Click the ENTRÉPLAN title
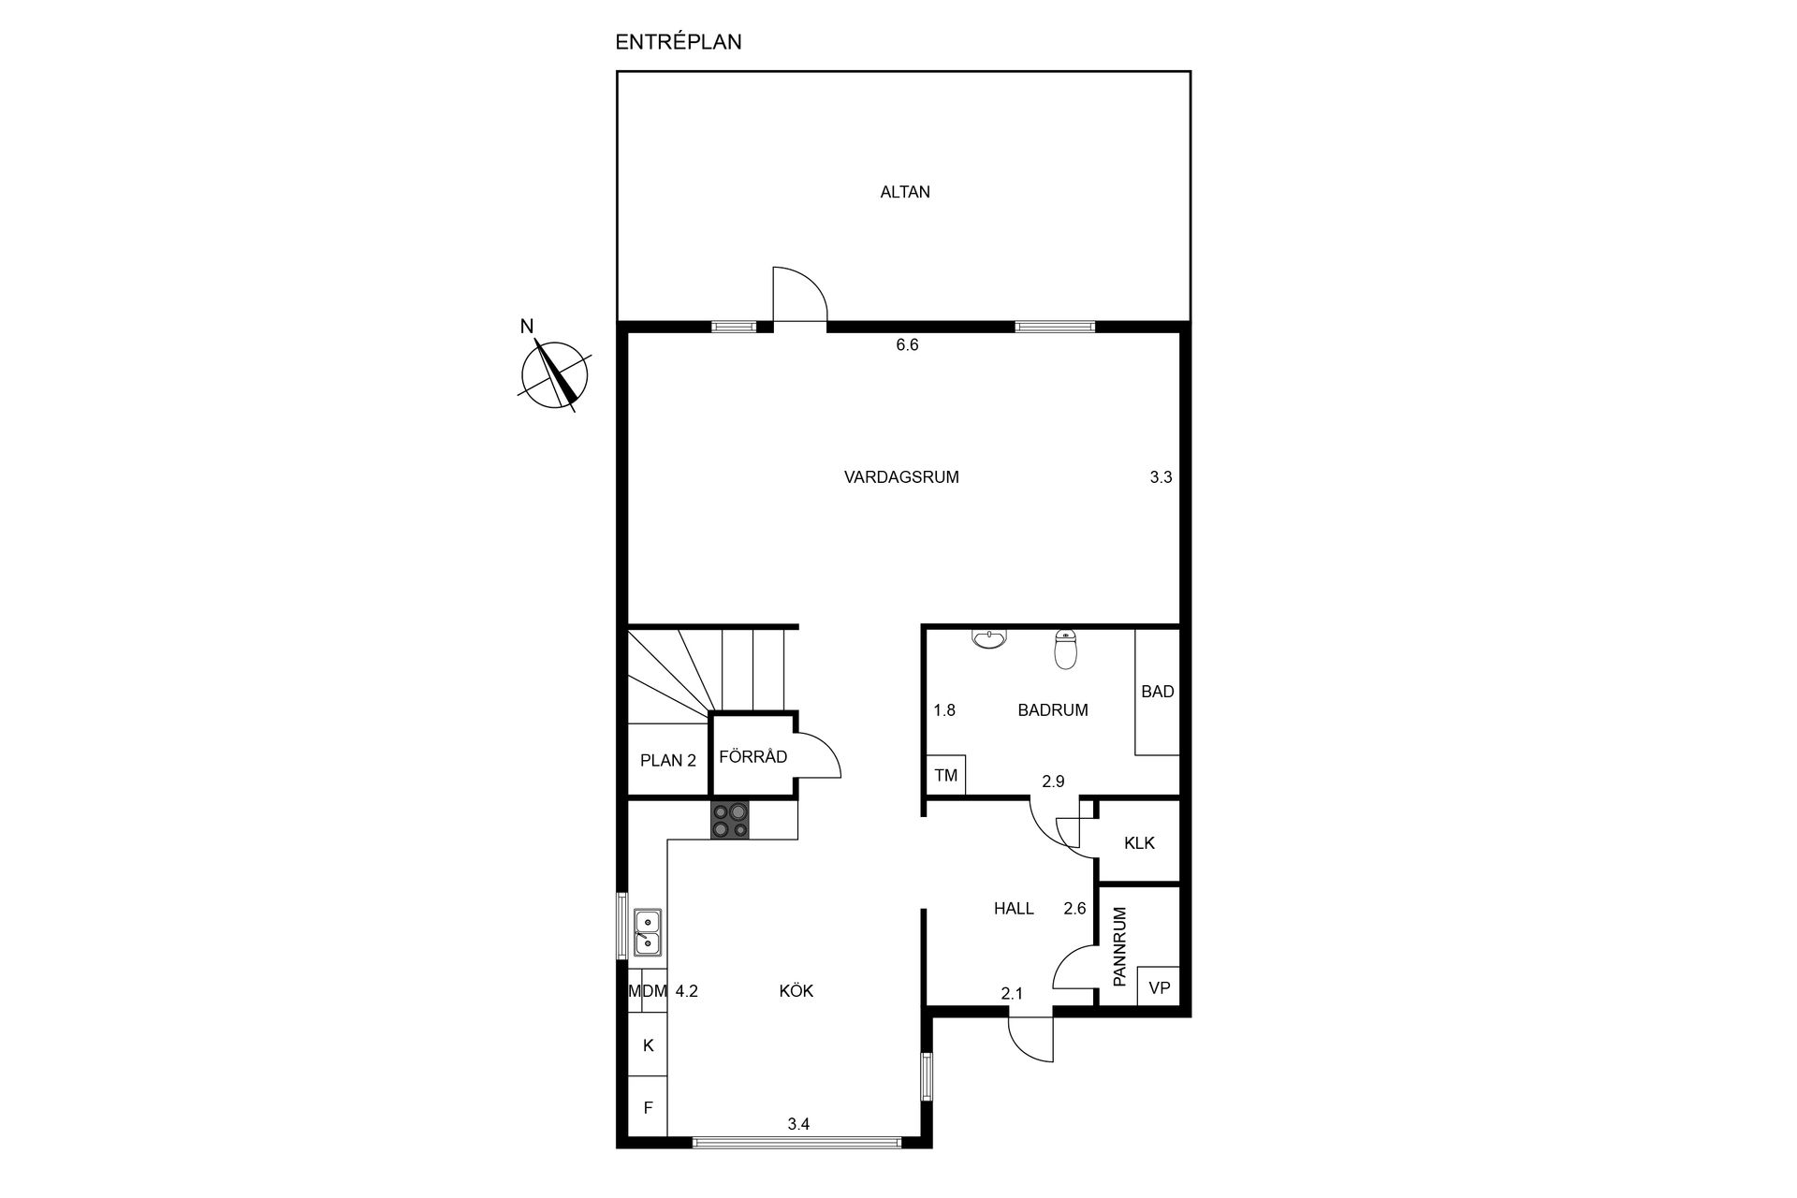click(x=679, y=41)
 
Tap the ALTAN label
click(x=905, y=192)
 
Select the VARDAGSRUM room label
click(x=901, y=476)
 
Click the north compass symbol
click(x=554, y=373)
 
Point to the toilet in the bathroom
click(x=1065, y=649)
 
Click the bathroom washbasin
click(x=989, y=638)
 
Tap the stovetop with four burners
click(x=730, y=820)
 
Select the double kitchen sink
click(x=648, y=932)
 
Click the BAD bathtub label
click(x=1158, y=692)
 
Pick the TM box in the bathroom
click(x=946, y=775)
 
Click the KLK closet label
click(x=1139, y=842)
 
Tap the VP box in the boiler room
click(x=1159, y=986)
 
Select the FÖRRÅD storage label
click(x=752, y=756)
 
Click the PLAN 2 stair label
click(x=668, y=760)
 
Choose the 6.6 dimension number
click(x=907, y=344)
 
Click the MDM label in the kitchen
click(x=648, y=991)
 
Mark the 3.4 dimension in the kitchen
click(x=798, y=1124)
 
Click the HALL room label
click(x=1014, y=908)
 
